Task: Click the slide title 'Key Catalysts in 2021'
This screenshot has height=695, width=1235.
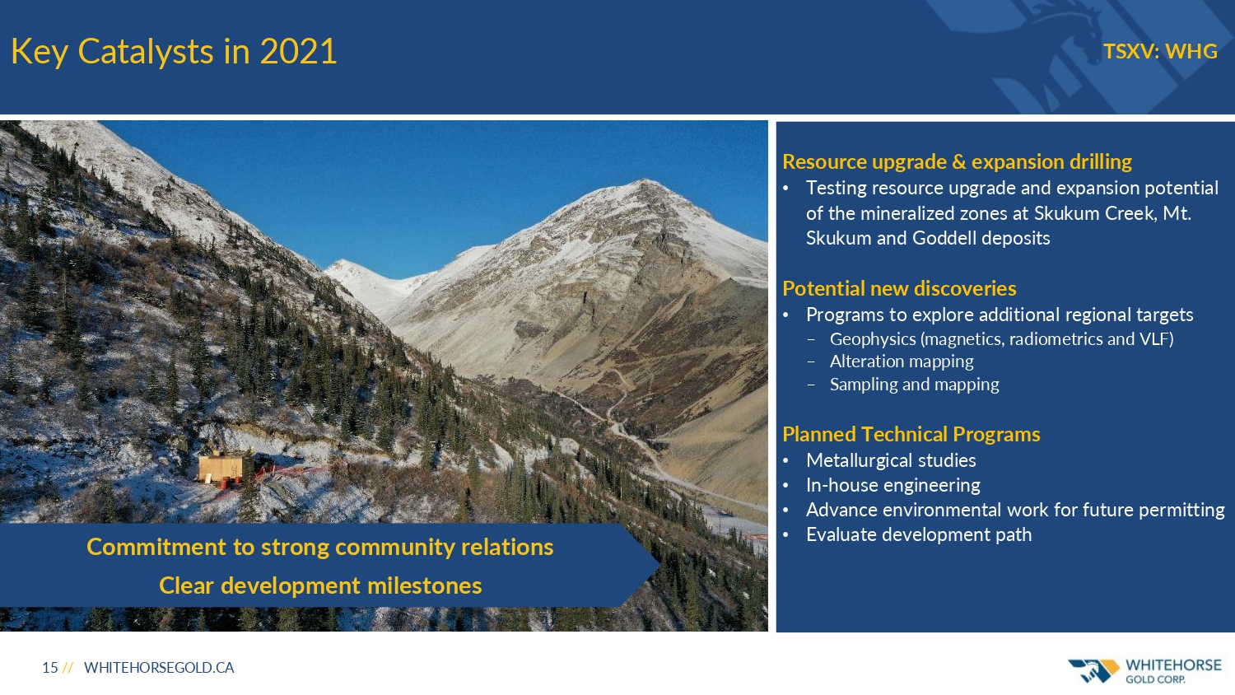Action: pos(174,52)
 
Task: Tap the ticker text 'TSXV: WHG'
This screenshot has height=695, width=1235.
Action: pos(1160,51)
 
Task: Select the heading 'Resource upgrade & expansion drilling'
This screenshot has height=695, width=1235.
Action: pos(957,161)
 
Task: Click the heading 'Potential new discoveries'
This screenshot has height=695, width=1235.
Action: pos(899,288)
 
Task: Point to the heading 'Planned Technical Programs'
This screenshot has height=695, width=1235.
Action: pos(911,434)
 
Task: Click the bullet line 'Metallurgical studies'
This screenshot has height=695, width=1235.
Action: pos(891,460)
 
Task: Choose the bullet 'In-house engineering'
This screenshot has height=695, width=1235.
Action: pos(893,485)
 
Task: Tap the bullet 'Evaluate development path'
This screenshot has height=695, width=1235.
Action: pos(919,534)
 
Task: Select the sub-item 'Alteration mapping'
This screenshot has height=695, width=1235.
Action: pos(902,361)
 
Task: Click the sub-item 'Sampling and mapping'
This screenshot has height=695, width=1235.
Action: pos(915,384)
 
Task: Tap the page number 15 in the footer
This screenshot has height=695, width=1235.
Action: pos(50,668)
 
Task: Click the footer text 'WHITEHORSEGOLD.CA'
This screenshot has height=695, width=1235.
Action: pos(159,668)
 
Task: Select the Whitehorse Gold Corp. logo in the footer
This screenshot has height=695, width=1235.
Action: pos(1144,670)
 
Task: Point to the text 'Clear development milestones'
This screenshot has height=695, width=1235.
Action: pos(320,585)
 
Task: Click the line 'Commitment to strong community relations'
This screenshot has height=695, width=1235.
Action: pos(319,547)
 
